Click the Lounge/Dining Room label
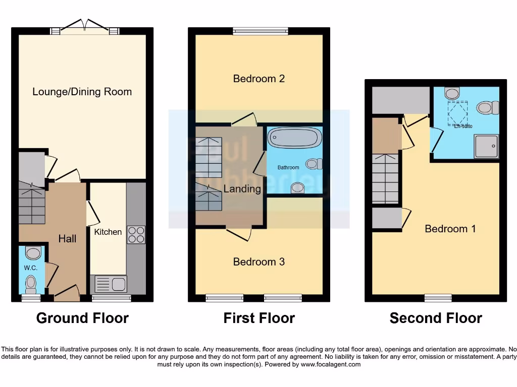tap(82, 92)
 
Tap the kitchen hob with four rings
tap(136, 235)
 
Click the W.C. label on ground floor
tap(30, 268)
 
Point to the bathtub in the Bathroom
tap(294, 137)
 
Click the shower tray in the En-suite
tap(486, 146)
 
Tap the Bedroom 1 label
tap(450, 229)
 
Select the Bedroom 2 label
tap(258, 79)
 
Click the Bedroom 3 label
tap(258, 262)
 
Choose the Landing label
tap(242, 189)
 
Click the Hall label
tap(67, 238)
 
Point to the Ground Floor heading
tap(82, 318)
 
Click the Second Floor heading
tap(436, 318)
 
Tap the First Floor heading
tap(259, 318)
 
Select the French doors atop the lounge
tap(85, 28)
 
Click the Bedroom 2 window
tap(261, 31)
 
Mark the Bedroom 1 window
tap(438, 298)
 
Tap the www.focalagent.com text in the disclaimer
tap(331, 364)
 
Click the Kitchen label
tap(108, 232)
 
